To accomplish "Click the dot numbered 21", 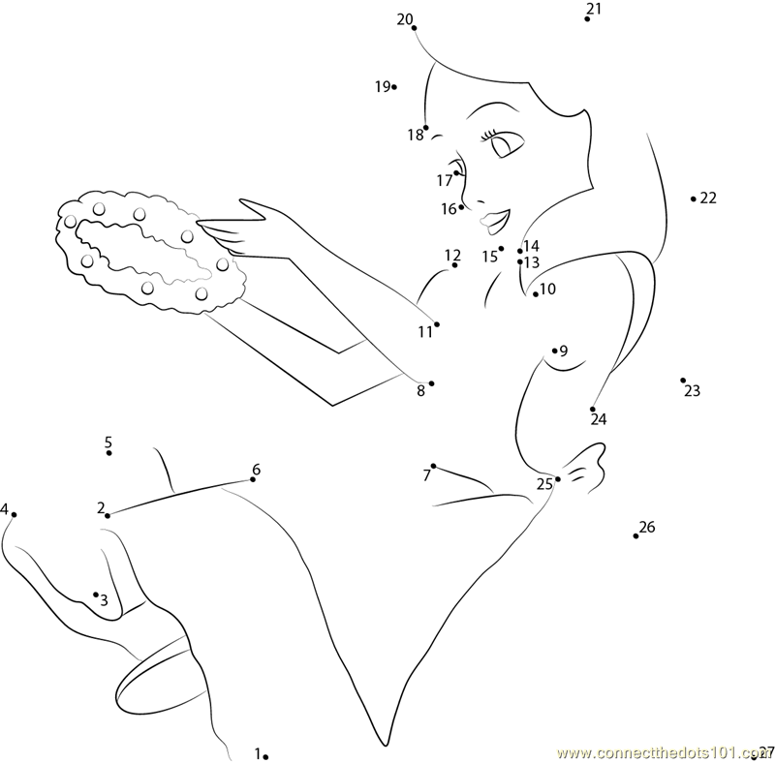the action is pos(587,18).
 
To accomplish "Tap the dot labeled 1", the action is pos(265,756).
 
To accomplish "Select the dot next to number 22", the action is pos(694,199).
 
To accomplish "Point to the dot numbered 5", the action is pos(108,452).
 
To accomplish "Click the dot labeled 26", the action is pos(635,536).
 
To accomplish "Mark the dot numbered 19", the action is pos(394,87).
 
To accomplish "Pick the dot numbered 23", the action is pos(683,381).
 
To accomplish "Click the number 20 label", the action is pos(404,19).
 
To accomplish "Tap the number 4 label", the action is pos(5,508).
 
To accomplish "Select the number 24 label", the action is pos(599,419).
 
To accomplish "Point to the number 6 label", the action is pos(256,469).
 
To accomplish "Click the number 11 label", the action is pos(425,332).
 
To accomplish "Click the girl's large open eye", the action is pos(506,144).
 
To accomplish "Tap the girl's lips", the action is pos(495,222).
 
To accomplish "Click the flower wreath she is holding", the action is pos(151,252).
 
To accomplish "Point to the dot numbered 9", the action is pos(554,351).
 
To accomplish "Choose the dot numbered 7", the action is pos(433,466).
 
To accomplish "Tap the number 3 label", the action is pos(104,600).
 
